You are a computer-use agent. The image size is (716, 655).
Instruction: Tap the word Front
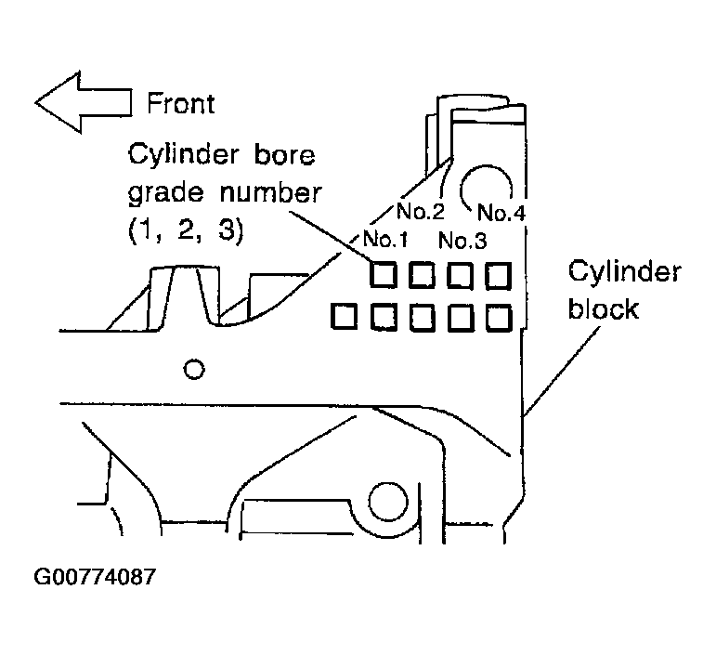(x=181, y=104)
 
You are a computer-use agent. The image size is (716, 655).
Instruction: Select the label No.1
(x=385, y=239)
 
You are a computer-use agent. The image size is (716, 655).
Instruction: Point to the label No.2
(x=420, y=211)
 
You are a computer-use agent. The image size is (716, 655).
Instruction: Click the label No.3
(x=462, y=241)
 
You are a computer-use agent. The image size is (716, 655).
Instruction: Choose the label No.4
(x=501, y=213)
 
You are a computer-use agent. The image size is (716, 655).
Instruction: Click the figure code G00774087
(x=95, y=577)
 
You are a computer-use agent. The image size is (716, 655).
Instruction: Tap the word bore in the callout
(x=284, y=155)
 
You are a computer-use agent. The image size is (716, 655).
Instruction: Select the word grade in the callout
(x=165, y=193)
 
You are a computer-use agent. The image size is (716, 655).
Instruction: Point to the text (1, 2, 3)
(x=186, y=230)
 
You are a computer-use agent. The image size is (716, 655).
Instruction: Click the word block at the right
(x=604, y=308)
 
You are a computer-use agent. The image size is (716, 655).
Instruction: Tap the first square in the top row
(x=384, y=275)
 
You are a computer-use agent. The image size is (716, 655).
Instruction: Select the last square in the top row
(x=498, y=275)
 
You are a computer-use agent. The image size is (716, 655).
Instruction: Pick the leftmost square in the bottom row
(x=344, y=317)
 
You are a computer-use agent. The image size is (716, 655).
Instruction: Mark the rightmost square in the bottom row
(x=498, y=318)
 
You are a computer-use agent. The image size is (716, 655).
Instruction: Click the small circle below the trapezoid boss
(x=194, y=369)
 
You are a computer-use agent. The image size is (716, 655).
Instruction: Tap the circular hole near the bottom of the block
(x=388, y=502)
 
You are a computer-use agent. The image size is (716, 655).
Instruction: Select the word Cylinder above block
(x=625, y=272)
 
